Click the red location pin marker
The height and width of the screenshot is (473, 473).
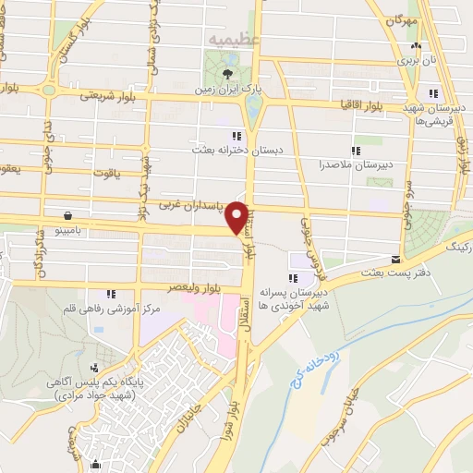[x=239, y=217]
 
